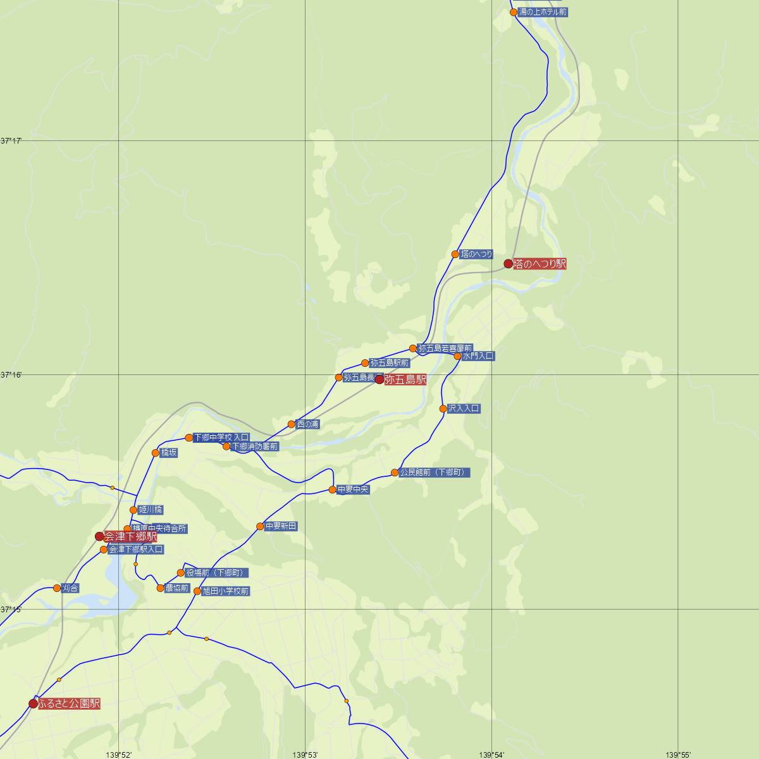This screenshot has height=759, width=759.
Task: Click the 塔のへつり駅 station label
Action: click(x=540, y=264)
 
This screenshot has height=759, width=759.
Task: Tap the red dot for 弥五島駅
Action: click(x=379, y=379)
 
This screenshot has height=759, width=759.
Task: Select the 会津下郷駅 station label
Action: click(x=130, y=537)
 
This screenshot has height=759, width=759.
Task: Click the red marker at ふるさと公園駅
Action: click(x=33, y=703)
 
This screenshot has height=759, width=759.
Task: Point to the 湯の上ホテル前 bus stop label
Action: click(x=543, y=12)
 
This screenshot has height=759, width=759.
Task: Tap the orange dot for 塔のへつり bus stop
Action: click(x=455, y=254)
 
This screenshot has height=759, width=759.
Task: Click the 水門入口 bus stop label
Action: click(x=478, y=356)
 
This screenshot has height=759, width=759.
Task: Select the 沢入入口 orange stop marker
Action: click(x=443, y=409)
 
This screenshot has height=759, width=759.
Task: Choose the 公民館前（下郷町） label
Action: click(x=435, y=472)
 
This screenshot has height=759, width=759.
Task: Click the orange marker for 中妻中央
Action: click(x=332, y=490)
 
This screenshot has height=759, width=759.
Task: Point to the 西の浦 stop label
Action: click(x=308, y=424)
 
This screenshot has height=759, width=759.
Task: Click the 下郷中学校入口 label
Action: click(x=221, y=438)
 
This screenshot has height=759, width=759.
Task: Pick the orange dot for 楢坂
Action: click(x=156, y=453)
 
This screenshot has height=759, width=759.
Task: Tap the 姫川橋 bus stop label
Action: click(x=151, y=510)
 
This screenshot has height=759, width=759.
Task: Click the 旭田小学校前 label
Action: click(x=226, y=591)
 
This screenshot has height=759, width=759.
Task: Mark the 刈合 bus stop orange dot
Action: click(x=57, y=588)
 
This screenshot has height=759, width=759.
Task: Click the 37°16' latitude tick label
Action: click(x=11, y=375)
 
